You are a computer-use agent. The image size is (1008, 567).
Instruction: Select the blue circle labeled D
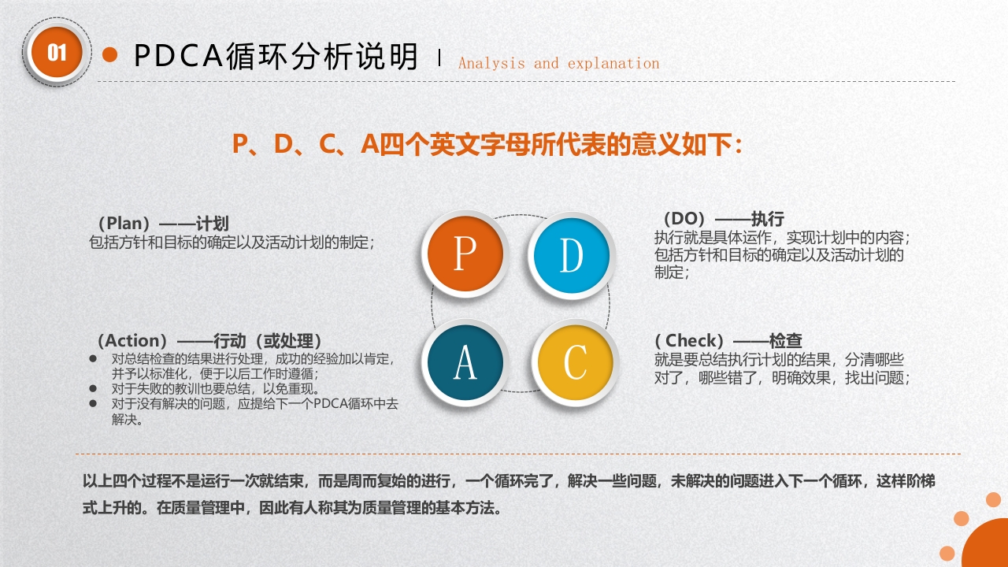pyautogui.click(x=572, y=255)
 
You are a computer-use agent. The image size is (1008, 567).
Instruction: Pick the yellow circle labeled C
pyautogui.click(x=575, y=363)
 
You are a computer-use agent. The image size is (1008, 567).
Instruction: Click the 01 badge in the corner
pyautogui.click(x=57, y=52)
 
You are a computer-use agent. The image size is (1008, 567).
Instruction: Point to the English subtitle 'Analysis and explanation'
pyautogui.click(x=558, y=64)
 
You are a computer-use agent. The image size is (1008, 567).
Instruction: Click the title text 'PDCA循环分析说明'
pyautogui.click(x=276, y=56)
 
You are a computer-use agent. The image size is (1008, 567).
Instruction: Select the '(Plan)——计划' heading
pyautogui.click(x=162, y=224)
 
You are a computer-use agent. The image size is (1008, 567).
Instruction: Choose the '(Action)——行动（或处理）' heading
pyautogui.click(x=209, y=341)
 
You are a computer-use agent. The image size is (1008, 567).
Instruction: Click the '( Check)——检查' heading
pyautogui.click(x=728, y=341)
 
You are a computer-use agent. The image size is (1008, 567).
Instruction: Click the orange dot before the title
pyautogui.click(x=110, y=54)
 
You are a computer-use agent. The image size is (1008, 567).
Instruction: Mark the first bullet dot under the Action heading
pyautogui.click(x=93, y=358)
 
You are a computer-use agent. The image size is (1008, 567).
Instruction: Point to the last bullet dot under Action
pyautogui.click(x=93, y=403)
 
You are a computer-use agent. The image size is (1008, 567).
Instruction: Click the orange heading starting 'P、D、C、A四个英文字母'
pyautogui.click(x=487, y=145)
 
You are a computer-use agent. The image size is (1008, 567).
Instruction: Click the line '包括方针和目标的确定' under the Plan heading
pyautogui.click(x=232, y=243)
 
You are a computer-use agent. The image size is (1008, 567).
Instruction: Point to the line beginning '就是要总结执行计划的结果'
pyautogui.click(x=779, y=360)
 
